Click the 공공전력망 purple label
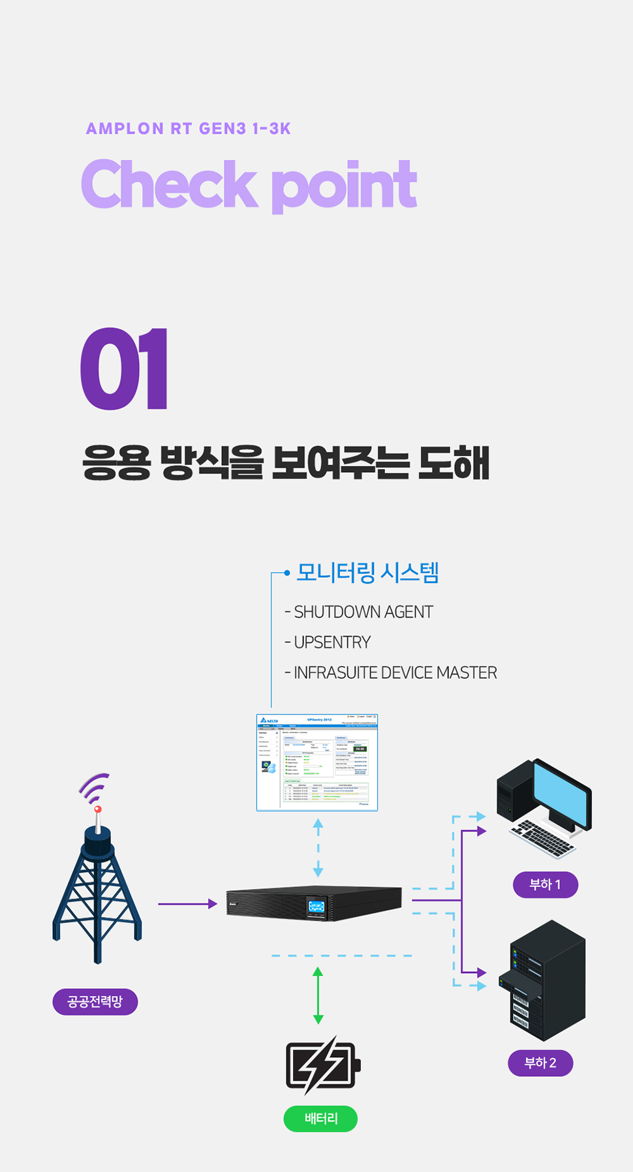tap(95, 1002)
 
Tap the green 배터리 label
tap(320, 1119)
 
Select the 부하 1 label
tap(545, 885)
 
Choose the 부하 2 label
tap(540, 1063)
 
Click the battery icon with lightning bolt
tap(322, 1066)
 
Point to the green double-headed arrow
tap(318, 995)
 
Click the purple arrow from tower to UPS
tap(187, 904)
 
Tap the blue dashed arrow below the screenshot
tap(318, 848)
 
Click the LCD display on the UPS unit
tap(316, 907)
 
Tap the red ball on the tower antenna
tap(98, 809)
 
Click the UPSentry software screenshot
tap(317, 762)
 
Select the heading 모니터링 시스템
tap(367, 573)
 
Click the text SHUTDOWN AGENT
tap(363, 612)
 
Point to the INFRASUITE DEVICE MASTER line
tap(395, 672)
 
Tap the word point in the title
tap(344, 187)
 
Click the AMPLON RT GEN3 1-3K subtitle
tap(188, 128)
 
